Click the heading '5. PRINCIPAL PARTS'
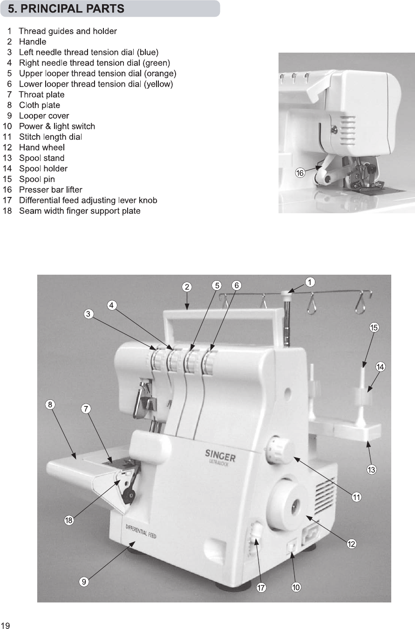(x=66, y=8)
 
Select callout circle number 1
(x=310, y=282)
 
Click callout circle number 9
(x=83, y=582)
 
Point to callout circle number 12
(x=350, y=543)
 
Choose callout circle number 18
(x=69, y=521)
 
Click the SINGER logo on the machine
(x=220, y=455)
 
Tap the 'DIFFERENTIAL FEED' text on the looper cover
(x=141, y=531)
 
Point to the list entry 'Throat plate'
(x=41, y=95)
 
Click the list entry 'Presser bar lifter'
(x=50, y=190)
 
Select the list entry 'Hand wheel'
(x=41, y=148)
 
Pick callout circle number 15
(x=374, y=327)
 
